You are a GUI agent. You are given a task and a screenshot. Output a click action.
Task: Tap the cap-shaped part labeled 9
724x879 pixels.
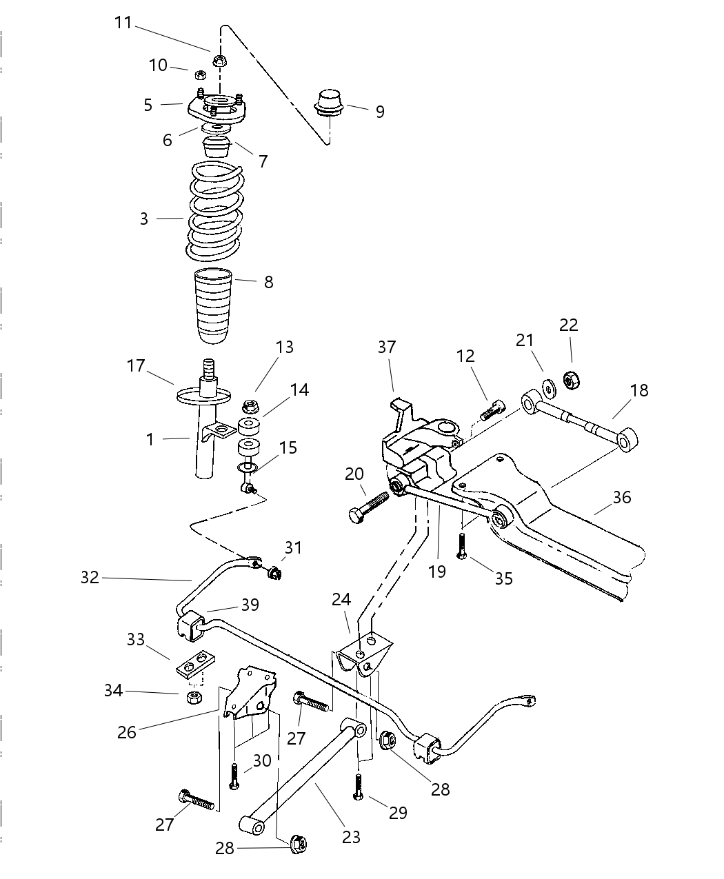329,102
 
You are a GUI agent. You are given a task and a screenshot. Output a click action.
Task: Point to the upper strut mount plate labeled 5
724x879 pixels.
215,110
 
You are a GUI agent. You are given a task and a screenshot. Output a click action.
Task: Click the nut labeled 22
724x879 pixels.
570,380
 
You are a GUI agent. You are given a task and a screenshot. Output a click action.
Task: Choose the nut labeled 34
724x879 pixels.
194,697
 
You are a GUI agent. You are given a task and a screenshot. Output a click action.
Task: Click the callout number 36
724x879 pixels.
622,497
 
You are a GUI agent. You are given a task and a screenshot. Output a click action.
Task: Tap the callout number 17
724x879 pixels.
135,365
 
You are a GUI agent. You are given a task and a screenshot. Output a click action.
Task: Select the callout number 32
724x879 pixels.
90,578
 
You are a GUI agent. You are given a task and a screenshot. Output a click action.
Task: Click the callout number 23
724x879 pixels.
352,837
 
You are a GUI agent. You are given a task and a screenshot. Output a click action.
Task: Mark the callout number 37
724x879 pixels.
387,347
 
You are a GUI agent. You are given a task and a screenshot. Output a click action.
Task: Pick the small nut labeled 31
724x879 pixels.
274,572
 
